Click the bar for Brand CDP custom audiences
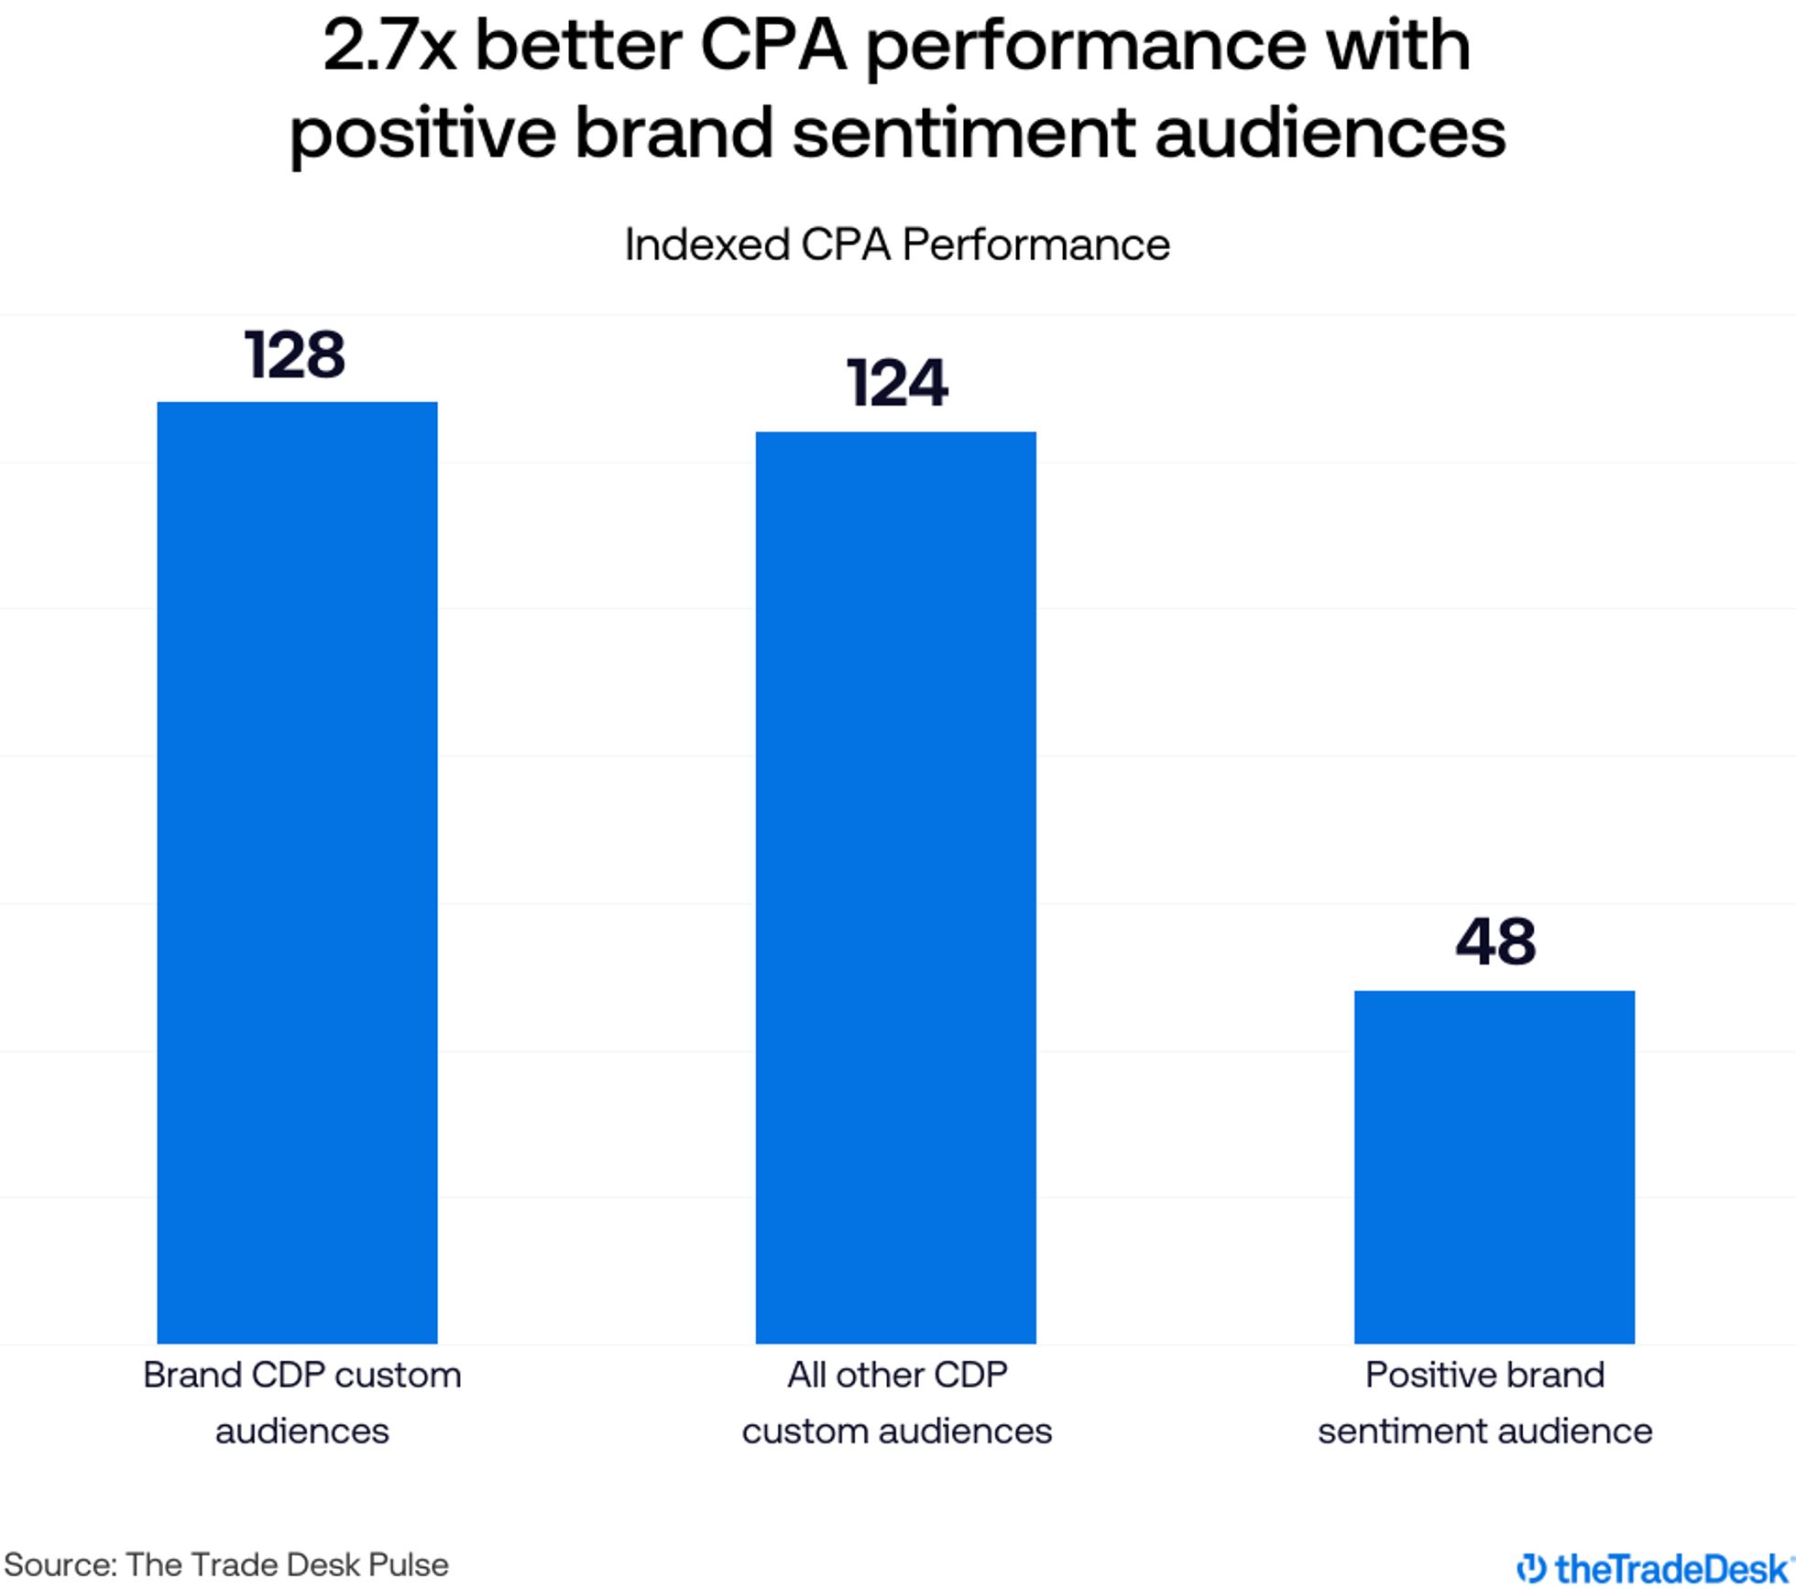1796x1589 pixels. [297, 872]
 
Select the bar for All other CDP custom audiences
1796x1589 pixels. [895, 887]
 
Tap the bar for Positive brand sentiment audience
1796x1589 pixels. [1494, 1166]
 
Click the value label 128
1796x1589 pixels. [295, 355]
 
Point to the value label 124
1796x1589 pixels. [896, 383]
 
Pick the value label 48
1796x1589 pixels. [1495, 941]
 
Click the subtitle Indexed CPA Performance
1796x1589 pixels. [896, 245]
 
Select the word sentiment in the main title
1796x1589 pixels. [963, 133]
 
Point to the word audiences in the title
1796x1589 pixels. [1330, 133]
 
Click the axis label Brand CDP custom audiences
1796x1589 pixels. [301, 1402]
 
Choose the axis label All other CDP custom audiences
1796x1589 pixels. [896, 1402]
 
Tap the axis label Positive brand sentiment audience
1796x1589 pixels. [1484, 1402]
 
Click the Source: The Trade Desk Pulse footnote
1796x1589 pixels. [226, 1564]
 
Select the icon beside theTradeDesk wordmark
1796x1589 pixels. [1531, 1568]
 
